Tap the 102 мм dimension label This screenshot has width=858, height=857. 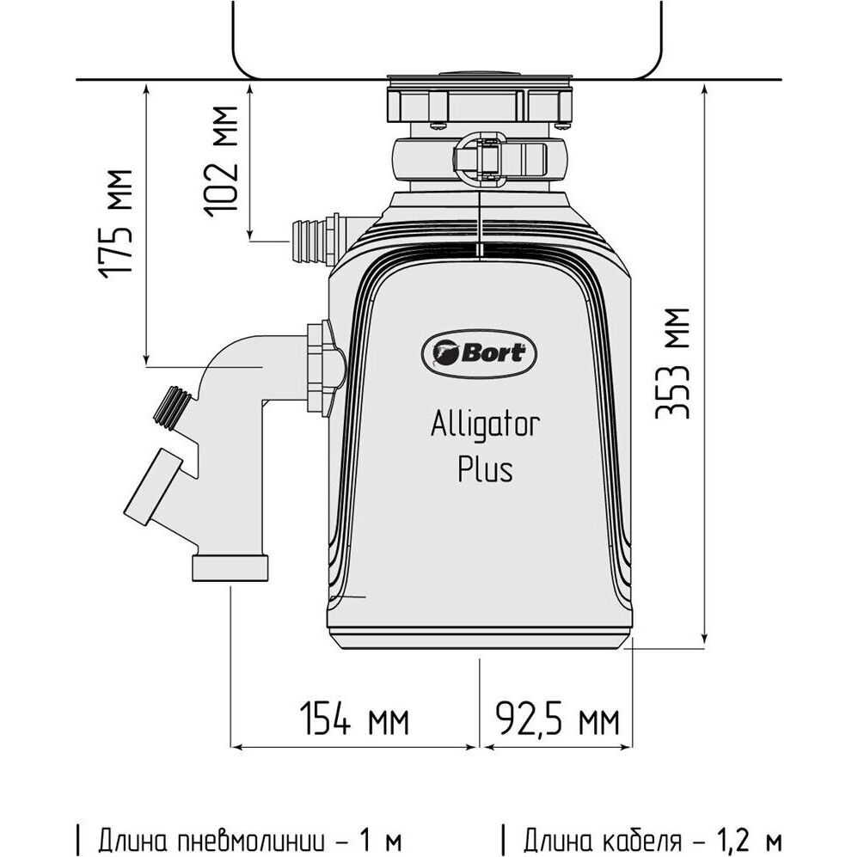click(223, 158)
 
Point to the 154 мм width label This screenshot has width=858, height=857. click(353, 719)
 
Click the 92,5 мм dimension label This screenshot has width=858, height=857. click(557, 719)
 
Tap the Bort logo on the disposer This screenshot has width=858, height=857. click(480, 352)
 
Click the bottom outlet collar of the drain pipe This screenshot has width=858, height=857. click(230, 566)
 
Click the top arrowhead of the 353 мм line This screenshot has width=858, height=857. click(705, 89)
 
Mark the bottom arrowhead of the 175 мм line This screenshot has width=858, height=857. click(149, 359)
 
